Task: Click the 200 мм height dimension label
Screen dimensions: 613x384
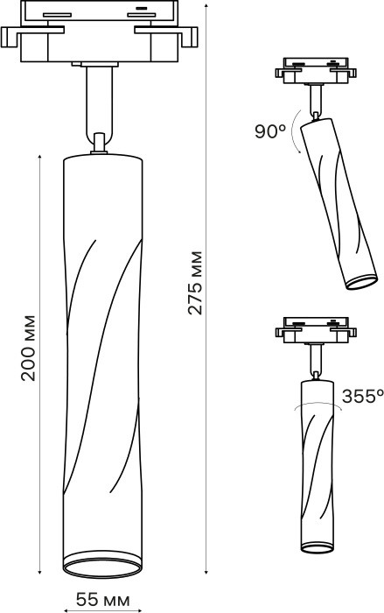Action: point(28,347)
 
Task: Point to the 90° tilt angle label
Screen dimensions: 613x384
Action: point(270,131)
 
